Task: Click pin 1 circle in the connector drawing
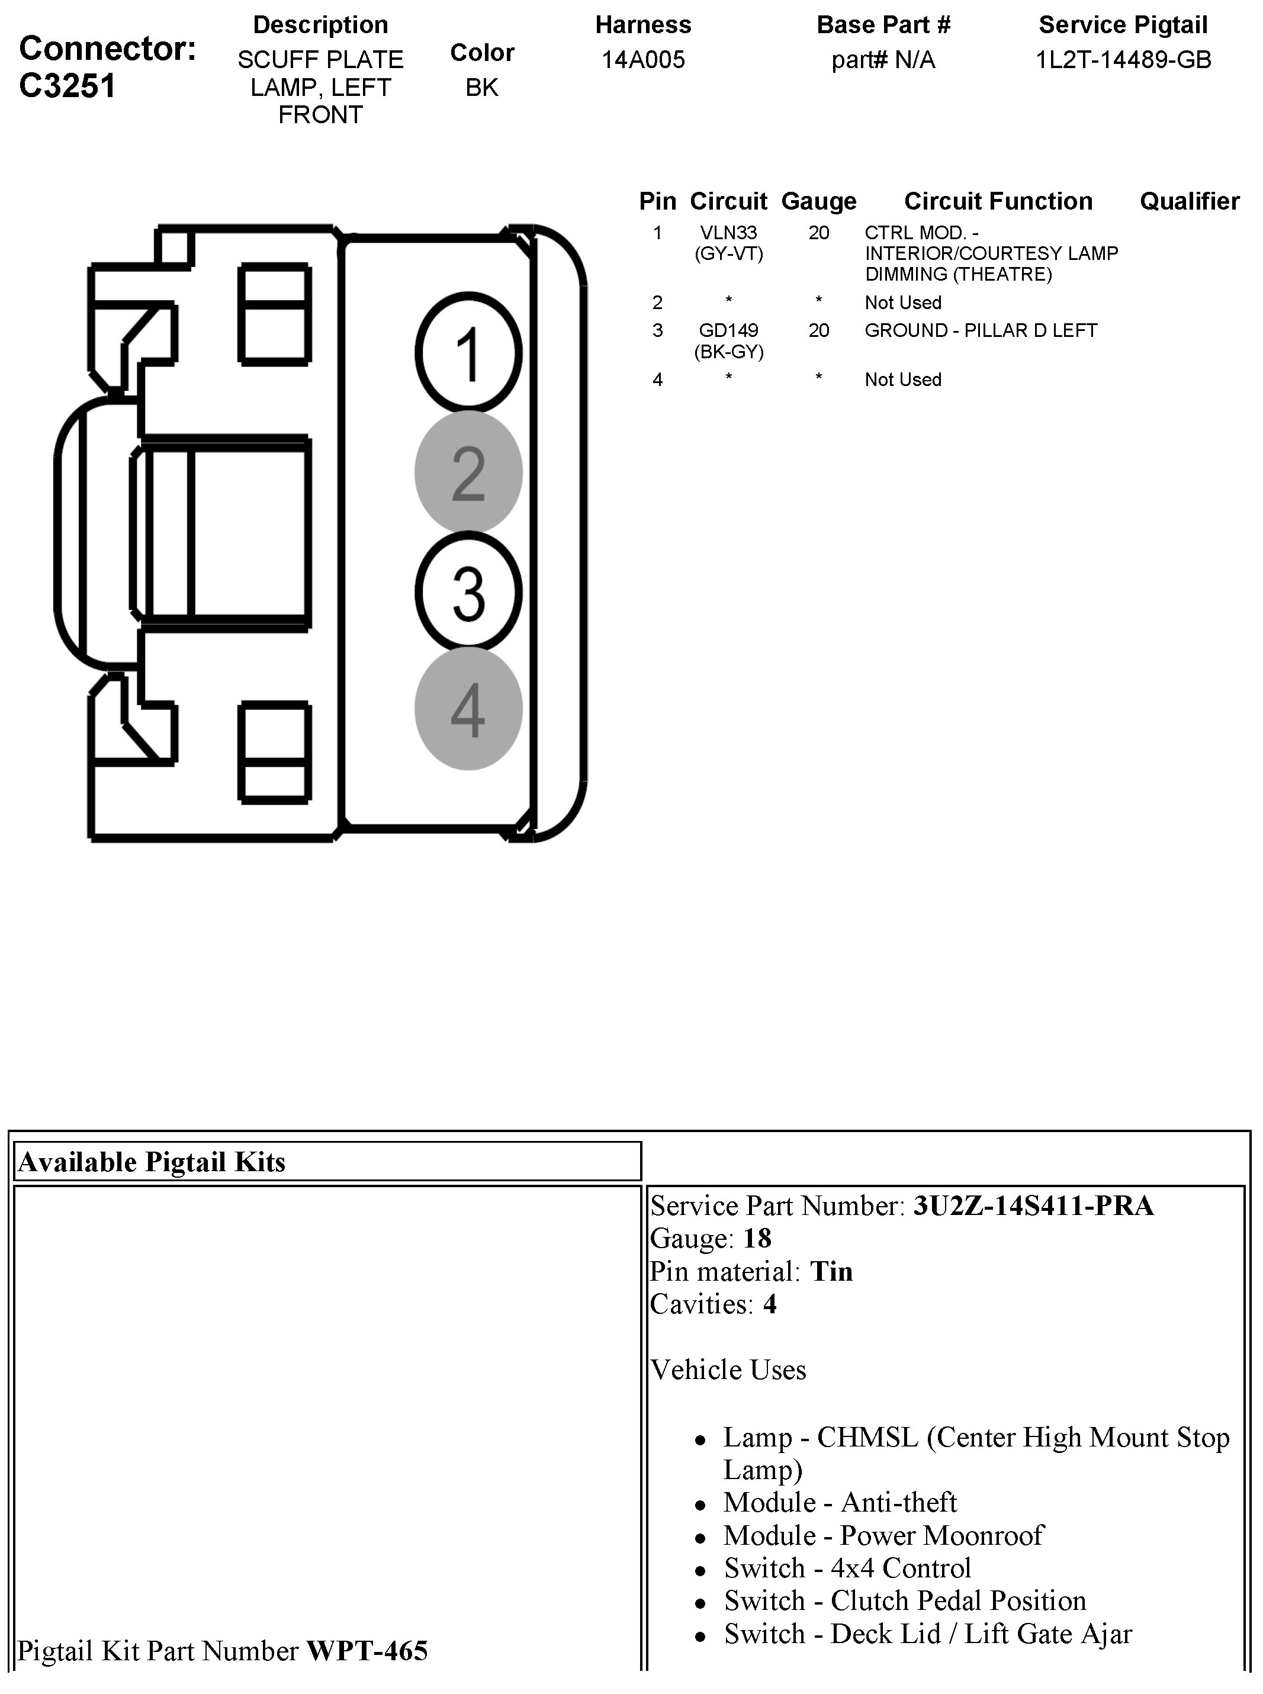[468, 352]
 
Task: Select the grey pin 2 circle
[468, 472]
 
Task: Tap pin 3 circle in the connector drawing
[468, 593]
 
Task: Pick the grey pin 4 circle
[468, 709]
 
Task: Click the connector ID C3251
[68, 86]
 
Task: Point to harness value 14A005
[643, 60]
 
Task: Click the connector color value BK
[481, 87]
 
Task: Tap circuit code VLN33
[728, 232]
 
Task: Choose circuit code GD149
[728, 330]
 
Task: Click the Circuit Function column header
[998, 201]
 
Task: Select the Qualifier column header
[1189, 201]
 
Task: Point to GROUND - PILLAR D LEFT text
[981, 330]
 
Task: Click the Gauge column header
[819, 201]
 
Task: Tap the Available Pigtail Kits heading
[152, 1162]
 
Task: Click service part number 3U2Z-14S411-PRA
[1033, 1206]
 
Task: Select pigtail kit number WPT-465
[367, 1650]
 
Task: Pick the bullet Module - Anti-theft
[840, 1502]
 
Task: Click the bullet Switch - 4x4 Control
[847, 1568]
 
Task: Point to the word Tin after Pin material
[831, 1271]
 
